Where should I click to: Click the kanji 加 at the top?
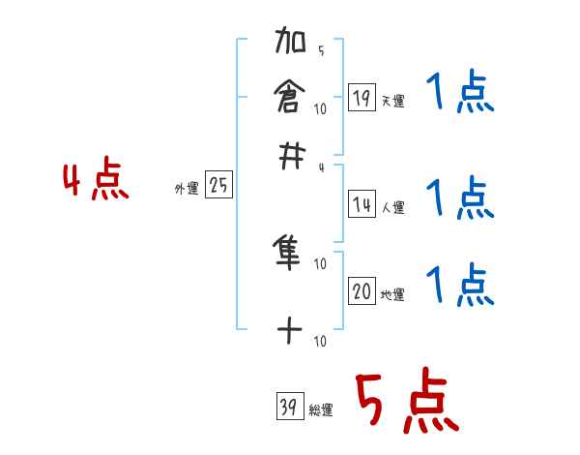[x=290, y=44]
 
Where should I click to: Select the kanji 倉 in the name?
[x=290, y=97]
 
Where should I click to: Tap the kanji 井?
[x=290, y=155]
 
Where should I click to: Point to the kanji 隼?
[x=290, y=254]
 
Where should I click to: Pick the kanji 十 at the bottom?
[x=290, y=331]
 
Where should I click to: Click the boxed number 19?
[x=362, y=97]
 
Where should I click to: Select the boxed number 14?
[x=362, y=204]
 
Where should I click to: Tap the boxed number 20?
[x=362, y=291]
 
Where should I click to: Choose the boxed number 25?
[x=218, y=186]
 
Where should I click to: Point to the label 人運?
[x=392, y=207]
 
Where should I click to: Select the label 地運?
[x=392, y=294]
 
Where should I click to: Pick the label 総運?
[x=320, y=410]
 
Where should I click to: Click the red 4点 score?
[x=96, y=181]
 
